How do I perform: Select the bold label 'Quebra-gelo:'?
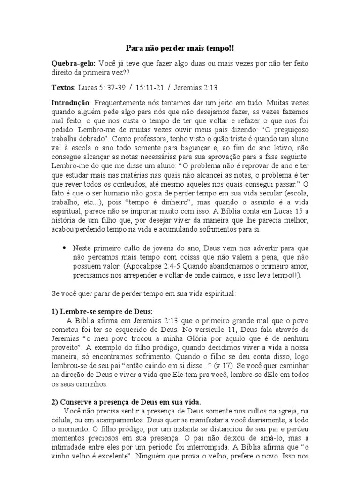(x=73, y=63)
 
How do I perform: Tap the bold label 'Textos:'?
(x=63, y=87)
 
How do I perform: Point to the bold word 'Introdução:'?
(x=71, y=103)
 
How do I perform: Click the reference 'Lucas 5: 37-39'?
(x=102, y=87)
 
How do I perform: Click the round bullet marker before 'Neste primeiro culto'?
(x=64, y=247)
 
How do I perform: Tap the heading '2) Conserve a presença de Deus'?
(x=126, y=402)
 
